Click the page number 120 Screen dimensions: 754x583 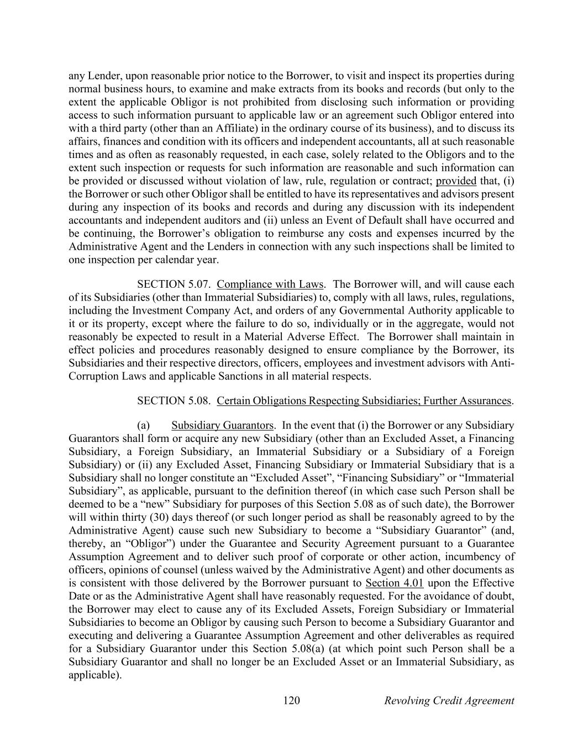tap(291, 701)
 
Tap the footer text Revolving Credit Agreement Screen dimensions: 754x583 tap(449, 701)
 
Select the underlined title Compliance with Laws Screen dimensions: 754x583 tap(270, 284)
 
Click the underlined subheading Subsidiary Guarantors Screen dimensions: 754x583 tap(222, 425)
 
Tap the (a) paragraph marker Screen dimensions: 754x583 tap(143, 425)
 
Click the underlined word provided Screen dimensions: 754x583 tap(456, 181)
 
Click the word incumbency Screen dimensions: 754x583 tap(474, 557)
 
